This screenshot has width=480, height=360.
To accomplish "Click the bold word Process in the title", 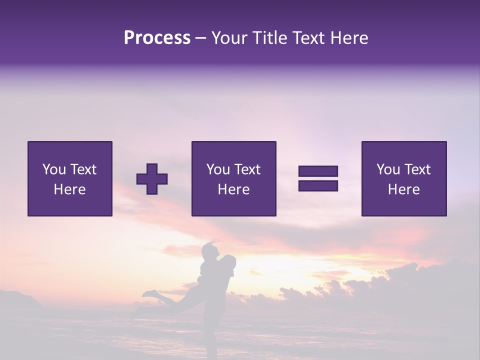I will [157, 38].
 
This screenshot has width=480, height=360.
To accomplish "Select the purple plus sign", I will [152, 178].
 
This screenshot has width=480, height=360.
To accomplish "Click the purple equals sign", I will [318, 178].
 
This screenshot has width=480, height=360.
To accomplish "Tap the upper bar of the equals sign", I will [318, 171].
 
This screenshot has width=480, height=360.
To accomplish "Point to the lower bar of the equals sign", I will [318, 185].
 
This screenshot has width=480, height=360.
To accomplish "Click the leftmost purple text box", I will [69, 178].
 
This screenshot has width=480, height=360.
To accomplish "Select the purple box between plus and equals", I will [233, 178].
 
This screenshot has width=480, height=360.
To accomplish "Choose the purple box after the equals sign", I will [403, 178].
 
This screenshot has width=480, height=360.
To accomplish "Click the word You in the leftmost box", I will [54, 169].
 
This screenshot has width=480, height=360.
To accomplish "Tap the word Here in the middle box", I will [233, 189].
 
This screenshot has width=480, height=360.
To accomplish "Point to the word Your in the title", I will [229, 38].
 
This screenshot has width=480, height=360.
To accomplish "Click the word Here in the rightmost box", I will [403, 189].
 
